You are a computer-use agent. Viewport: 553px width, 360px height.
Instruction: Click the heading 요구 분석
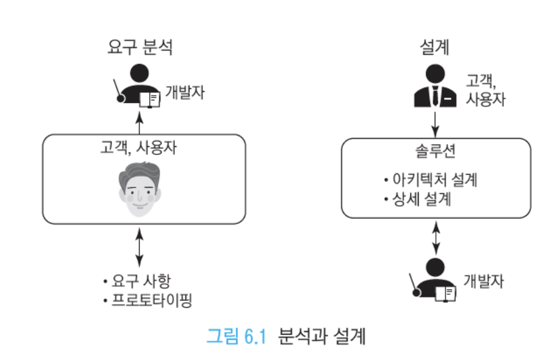point(140,47)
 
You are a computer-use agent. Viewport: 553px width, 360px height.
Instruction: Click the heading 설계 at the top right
point(435,47)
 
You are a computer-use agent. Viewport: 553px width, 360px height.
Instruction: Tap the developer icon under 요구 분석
point(137,86)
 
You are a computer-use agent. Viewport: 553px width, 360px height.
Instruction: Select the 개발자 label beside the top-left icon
point(185,92)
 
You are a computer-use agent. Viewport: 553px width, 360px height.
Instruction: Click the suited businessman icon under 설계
point(435,86)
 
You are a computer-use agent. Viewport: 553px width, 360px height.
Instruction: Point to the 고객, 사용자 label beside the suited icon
point(486,90)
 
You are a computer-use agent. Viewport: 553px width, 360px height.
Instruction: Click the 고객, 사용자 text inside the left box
point(139,147)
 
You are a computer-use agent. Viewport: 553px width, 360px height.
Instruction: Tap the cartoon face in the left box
point(140,189)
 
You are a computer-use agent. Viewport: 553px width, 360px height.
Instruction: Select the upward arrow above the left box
point(140,123)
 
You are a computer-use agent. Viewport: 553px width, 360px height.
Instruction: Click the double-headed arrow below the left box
point(140,247)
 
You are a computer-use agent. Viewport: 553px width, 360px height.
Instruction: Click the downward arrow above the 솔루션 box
point(435,125)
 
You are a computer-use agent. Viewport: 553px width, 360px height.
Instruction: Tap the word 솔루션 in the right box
point(435,151)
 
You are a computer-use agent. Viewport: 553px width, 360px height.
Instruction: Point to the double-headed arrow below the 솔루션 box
point(436,238)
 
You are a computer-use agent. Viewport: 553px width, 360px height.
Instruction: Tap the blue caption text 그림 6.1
point(237,335)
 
